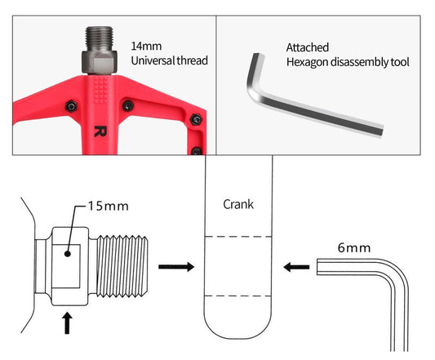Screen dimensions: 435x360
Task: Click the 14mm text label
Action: tap(146, 46)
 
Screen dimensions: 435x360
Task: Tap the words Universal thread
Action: tap(170, 60)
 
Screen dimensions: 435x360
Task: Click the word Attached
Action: tap(308, 47)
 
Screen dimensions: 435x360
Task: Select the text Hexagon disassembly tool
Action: tap(348, 62)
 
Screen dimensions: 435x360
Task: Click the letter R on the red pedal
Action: tap(100, 131)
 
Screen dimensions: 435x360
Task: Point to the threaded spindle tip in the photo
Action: tap(99, 38)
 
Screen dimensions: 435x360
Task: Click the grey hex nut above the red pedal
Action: tap(99, 62)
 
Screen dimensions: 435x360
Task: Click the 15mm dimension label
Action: tap(109, 207)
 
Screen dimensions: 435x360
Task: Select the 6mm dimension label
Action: tap(354, 248)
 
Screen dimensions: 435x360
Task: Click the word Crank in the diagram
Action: tap(238, 205)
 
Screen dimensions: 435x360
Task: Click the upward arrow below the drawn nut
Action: tap(67, 323)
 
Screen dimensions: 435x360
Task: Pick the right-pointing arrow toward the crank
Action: tap(176, 267)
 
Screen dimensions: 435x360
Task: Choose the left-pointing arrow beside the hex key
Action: tap(296, 267)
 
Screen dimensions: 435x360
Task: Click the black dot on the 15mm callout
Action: tap(68, 253)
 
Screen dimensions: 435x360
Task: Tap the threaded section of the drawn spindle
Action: tap(122, 266)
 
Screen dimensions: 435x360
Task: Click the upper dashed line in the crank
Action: tap(237, 237)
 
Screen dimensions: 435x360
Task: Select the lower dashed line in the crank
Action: tap(237, 296)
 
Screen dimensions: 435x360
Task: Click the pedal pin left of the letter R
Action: tap(71, 106)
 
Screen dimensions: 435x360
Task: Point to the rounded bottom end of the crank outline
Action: tap(237, 339)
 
